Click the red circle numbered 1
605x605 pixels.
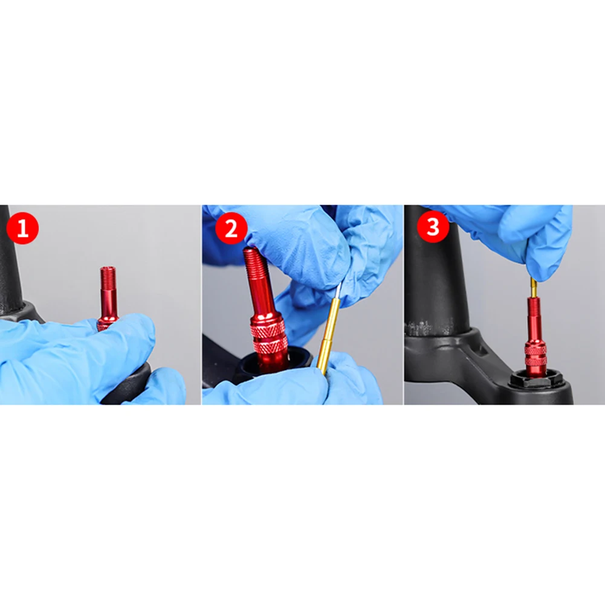pos(23,228)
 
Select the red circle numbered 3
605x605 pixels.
pos(433,227)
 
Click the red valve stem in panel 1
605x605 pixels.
pos(107,297)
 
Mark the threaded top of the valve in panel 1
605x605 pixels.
pos(106,273)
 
